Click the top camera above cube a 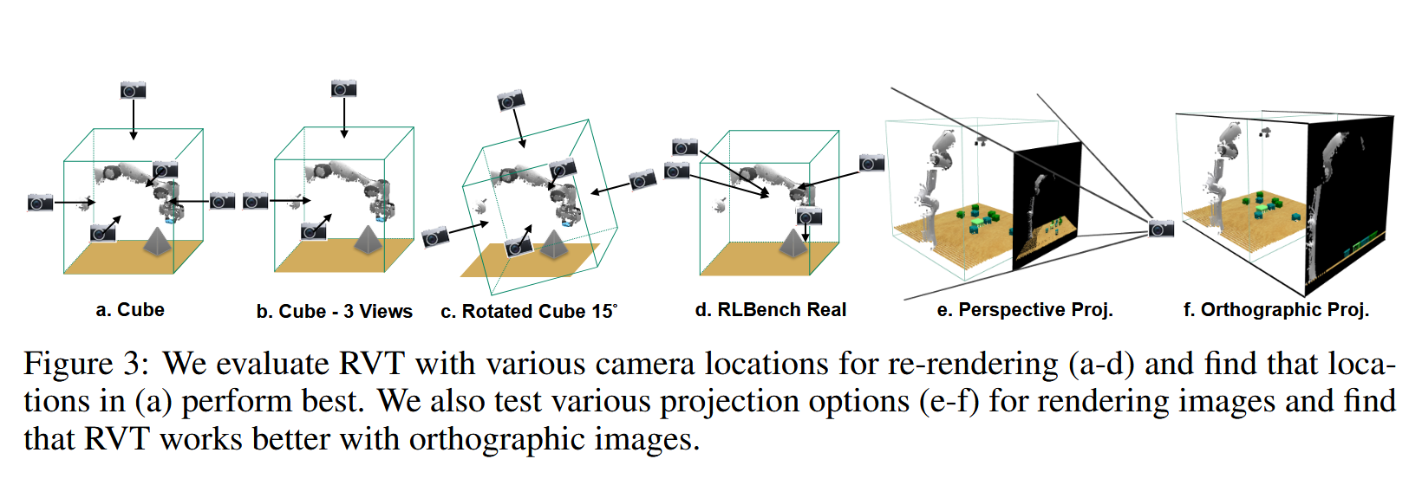tap(133, 90)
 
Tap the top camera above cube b tap(343, 88)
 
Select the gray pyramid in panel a tap(157, 242)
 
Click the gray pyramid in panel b tap(368, 240)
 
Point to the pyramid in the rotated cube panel tap(553, 245)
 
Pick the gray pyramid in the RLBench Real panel tap(793, 242)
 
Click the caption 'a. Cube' tap(130, 310)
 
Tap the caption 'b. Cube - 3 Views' tap(334, 312)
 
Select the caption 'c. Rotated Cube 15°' tap(529, 312)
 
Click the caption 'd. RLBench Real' tap(770, 310)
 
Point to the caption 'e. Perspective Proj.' tap(1025, 310)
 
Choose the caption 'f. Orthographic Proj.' tap(1275, 310)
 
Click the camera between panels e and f tap(1161, 229)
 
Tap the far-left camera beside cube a tap(40, 203)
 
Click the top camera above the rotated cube tap(511, 100)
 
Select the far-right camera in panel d tap(871, 163)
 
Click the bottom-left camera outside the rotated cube tap(435, 236)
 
